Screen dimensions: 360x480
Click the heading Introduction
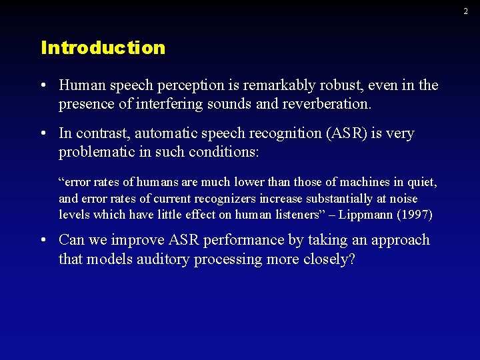tap(103, 48)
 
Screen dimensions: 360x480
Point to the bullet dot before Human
tap(43, 86)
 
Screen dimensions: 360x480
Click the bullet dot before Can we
tap(43, 240)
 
